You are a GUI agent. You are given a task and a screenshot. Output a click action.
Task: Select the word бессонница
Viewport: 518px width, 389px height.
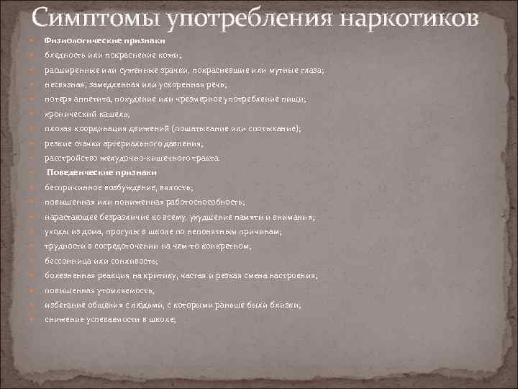tap(69, 261)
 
